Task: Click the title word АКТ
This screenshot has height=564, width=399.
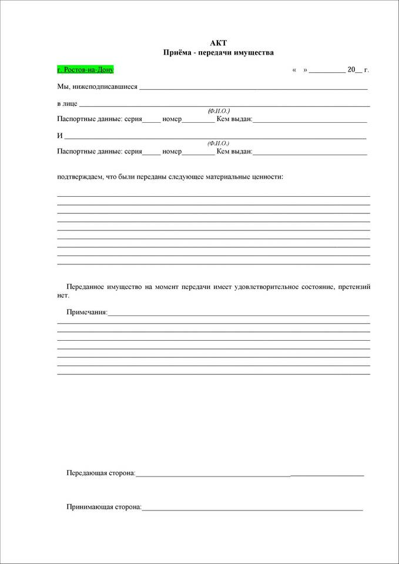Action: [x=218, y=43]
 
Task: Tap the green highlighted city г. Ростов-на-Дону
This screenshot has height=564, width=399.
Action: [x=85, y=69]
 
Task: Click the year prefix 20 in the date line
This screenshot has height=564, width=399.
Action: [x=351, y=70]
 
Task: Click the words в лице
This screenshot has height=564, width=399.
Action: [x=67, y=103]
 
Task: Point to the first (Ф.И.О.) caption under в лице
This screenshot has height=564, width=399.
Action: [x=219, y=110]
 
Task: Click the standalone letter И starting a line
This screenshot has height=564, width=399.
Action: [x=59, y=136]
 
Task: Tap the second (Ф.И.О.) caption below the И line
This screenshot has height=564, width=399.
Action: [x=219, y=143]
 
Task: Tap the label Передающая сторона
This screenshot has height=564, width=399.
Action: [x=100, y=472]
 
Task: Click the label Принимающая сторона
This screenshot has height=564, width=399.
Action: [x=104, y=506]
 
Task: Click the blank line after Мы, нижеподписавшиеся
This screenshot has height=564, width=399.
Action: [x=253, y=89]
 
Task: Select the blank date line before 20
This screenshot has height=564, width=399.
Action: [x=327, y=72]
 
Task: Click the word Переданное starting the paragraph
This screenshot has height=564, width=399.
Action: [x=86, y=287]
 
